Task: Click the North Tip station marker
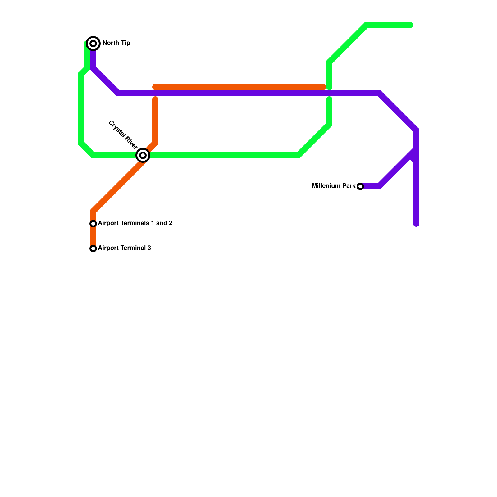(93, 43)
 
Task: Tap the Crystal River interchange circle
(143, 155)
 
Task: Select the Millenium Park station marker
(360, 186)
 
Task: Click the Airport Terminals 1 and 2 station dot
(93, 224)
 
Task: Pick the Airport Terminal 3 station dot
(93, 248)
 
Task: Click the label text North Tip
(116, 43)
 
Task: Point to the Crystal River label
(123, 134)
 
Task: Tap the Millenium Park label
(334, 186)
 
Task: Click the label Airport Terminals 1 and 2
(135, 223)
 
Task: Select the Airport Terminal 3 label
(124, 248)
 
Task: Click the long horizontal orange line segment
(239, 87)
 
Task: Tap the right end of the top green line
(410, 25)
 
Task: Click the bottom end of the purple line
(416, 224)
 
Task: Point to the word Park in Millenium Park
(349, 186)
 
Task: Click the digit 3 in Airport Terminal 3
(149, 248)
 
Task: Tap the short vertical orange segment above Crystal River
(155, 121)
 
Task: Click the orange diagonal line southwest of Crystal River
(118, 186)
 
